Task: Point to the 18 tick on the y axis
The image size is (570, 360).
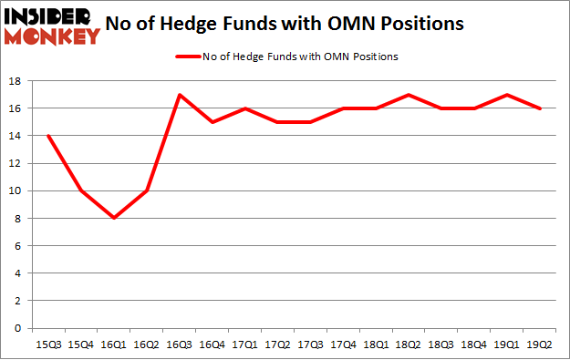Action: click(x=16, y=81)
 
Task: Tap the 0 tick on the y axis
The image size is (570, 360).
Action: click(x=18, y=328)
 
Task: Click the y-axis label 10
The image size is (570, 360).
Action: click(x=16, y=191)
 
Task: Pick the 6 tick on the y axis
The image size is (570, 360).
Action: click(x=18, y=246)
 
